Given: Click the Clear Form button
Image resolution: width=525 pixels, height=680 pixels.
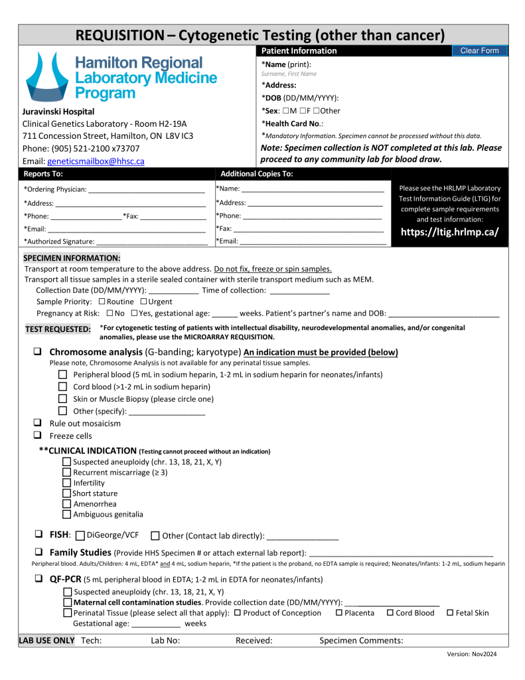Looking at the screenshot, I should (479, 51).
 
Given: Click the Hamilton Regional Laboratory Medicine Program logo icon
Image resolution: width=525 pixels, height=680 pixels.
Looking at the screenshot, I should (46, 76).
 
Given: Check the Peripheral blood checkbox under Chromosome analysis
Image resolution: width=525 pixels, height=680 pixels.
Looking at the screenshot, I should (63, 375).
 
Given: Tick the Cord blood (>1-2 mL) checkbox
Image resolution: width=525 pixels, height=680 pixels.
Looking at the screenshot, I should (63, 386).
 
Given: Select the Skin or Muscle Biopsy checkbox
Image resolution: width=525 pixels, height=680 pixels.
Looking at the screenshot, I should (63, 399).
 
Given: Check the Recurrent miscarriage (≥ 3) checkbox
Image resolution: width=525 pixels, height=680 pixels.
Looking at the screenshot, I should (66, 472).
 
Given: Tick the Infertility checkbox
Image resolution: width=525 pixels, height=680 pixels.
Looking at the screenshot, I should (66, 483).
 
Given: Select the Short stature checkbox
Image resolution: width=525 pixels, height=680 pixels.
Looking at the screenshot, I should (66, 493).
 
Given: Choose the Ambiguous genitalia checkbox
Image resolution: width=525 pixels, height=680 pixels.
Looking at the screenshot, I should (66, 514).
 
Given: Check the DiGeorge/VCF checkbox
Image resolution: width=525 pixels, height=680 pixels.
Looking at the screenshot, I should (80, 536).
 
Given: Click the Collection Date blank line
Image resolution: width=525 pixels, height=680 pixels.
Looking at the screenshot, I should (173, 291).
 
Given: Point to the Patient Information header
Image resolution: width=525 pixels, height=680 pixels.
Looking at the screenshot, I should (299, 51).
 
